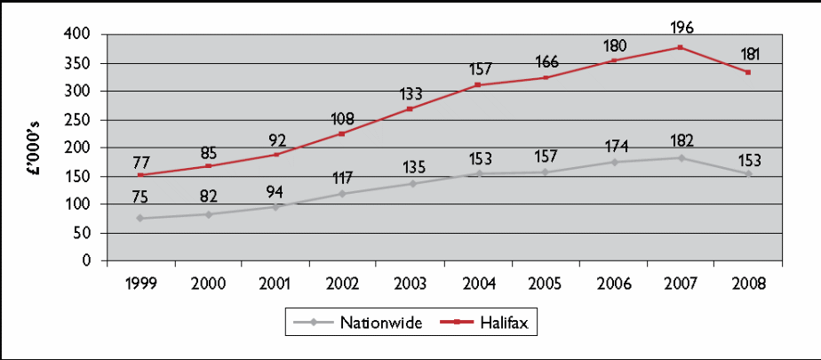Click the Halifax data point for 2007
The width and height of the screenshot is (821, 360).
(x=681, y=47)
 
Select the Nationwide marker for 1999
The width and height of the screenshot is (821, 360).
(x=140, y=218)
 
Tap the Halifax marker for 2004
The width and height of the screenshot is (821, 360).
(x=478, y=84)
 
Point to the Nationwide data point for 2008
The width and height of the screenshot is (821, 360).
(x=748, y=174)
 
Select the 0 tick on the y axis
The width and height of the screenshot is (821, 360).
(x=89, y=261)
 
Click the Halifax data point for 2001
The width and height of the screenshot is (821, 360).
(x=275, y=155)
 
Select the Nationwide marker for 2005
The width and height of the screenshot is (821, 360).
(x=546, y=172)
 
